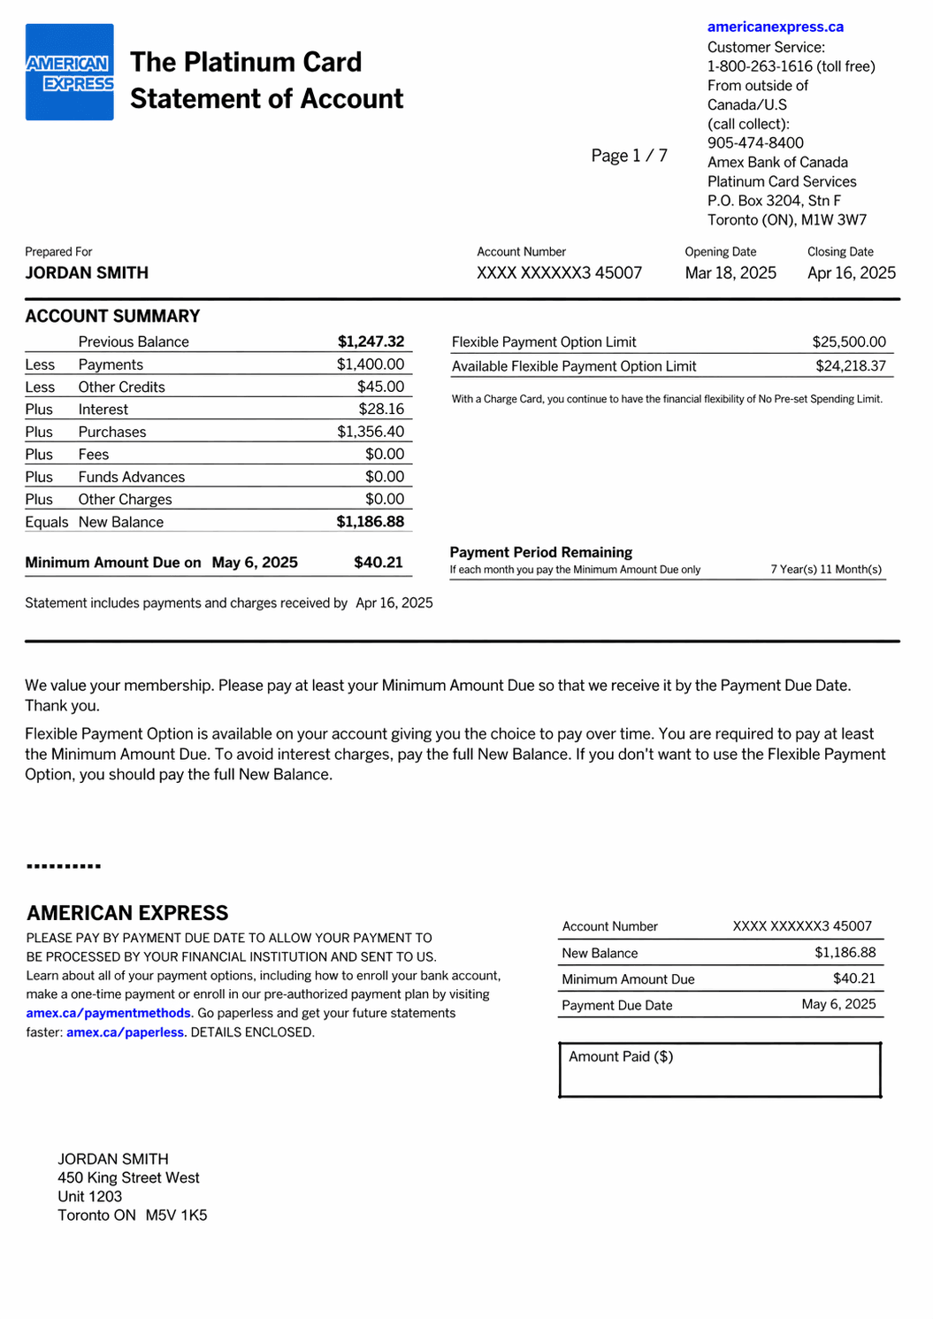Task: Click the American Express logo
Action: [x=69, y=73]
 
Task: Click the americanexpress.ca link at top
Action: [x=775, y=27]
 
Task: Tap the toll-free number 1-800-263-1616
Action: [x=760, y=66]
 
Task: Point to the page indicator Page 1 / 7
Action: [x=629, y=156]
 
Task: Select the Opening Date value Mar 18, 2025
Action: [x=730, y=273]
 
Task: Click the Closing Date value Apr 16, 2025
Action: [x=851, y=273]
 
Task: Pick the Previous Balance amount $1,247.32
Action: [x=371, y=342]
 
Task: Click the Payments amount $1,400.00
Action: [x=370, y=364]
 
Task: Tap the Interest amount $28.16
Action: [x=381, y=410]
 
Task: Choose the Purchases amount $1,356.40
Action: [x=370, y=432]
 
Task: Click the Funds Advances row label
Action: [x=132, y=477]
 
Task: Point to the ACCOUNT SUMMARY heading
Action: [x=112, y=316]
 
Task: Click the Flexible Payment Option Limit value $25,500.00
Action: [x=848, y=342]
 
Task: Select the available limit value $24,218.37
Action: [x=850, y=366]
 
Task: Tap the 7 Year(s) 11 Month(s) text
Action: [x=825, y=570]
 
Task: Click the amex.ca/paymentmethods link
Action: [x=108, y=1013]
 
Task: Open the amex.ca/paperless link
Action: [x=125, y=1032]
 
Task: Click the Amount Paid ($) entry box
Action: [x=720, y=1071]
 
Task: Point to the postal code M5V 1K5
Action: [x=176, y=1215]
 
